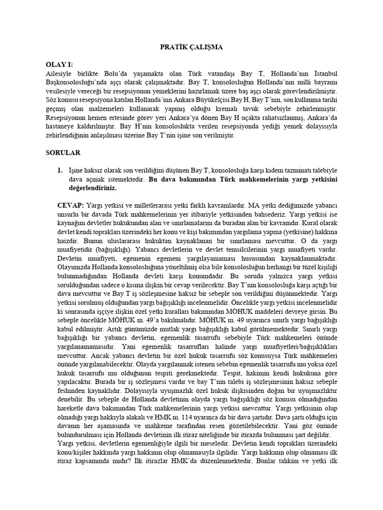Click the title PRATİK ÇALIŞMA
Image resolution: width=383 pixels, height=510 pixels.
[x=191, y=47]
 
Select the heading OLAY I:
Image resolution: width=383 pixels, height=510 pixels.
[x=59, y=64]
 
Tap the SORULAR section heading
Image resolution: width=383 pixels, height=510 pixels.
[x=63, y=153]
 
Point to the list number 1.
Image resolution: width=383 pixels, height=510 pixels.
[x=60, y=170]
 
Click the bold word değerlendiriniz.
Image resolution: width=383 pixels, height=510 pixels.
[x=92, y=188]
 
